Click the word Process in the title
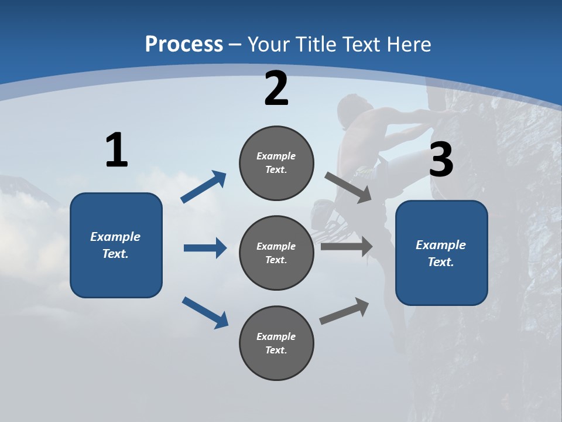click(x=184, y=44)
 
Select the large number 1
click(x=116, y=151)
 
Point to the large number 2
click(x=276, y=89)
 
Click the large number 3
click(x=441, y=160)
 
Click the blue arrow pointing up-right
click(x=204, y=187)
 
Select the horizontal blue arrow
click(x=205, y=248)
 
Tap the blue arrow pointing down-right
click(x=205, y=312)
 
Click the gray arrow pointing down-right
click(x=348, y=187)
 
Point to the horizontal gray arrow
click(x=347, y=247)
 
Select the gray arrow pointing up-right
click(x=344, y=311)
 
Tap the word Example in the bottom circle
click(x=276, y=336)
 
